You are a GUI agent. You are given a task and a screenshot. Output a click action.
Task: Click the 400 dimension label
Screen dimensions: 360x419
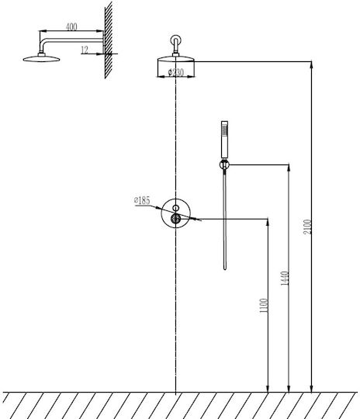[71, 27]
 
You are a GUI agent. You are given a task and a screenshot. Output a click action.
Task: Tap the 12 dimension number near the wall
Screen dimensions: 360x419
[85, 50]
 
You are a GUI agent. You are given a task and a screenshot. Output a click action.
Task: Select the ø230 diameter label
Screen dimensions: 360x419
[176, 72]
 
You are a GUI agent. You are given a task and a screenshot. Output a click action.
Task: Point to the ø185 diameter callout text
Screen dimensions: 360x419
[142, 200]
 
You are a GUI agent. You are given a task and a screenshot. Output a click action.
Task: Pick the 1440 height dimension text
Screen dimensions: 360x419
[285, 279]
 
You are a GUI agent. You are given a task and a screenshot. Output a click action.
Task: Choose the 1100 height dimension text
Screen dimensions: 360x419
[264, 306]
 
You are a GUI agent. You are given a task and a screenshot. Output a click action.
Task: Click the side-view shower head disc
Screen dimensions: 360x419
[41, 58]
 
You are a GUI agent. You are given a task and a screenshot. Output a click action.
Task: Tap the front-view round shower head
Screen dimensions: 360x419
[176, 59]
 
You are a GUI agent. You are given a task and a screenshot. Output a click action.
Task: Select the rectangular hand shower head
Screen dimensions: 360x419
[224, 139]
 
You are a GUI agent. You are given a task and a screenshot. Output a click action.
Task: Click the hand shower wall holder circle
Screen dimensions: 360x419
[224, 164]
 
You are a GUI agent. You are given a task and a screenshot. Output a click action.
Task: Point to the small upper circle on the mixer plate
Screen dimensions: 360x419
[175, 208]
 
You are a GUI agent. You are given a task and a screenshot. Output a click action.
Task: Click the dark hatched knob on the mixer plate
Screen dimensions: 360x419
[175, 219]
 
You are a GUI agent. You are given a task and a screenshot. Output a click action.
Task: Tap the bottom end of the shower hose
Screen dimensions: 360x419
[225, 268]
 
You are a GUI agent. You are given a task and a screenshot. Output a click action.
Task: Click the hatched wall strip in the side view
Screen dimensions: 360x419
[109, 40]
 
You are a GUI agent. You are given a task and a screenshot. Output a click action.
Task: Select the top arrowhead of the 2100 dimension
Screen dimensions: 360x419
[311, 64]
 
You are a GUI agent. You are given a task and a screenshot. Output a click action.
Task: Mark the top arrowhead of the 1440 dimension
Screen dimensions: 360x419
[289, 168]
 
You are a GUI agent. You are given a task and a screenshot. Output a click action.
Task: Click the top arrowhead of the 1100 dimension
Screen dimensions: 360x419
[268, 222]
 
